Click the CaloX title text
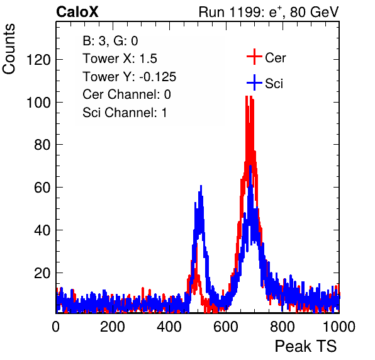[77, 12]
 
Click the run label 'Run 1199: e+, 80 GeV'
[269, 12]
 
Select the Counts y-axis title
[9, 49]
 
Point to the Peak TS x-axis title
[306, 346]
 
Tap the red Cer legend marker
[254, 57]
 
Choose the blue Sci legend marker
[254, 83]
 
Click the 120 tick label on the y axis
[38, 60]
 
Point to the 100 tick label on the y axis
[38, 103]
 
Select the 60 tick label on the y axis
[42, 188]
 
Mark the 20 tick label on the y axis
[42, 273]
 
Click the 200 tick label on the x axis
[113, 327]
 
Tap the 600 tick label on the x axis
[226, 327]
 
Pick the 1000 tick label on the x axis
[339, 327]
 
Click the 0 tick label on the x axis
[56, 327]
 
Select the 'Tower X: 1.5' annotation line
[120, 59]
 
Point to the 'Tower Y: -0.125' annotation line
[130, 77]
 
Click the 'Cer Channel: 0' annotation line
[126, 94]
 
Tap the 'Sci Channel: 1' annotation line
[125, 113]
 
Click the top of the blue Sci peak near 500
[201, 186]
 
